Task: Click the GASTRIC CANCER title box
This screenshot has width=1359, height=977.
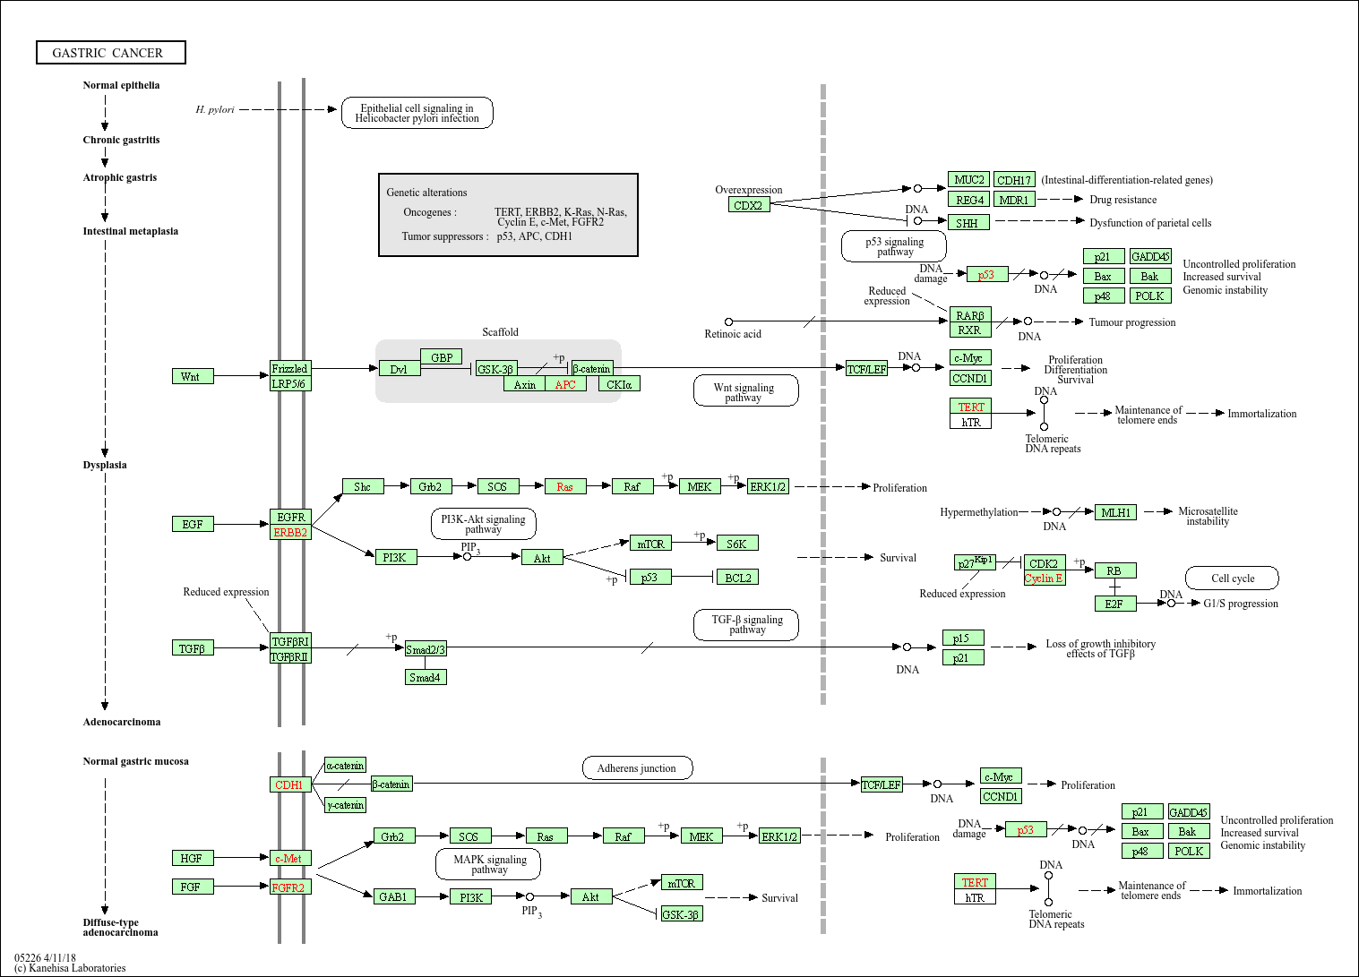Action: [x=111, y=52]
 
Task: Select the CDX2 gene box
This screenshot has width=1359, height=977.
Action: [x=749, y=205]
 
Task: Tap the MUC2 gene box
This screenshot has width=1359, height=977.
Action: [x=969, y=179]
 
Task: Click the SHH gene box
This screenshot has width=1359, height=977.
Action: [x=969, y=223]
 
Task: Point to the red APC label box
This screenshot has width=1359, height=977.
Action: [x=565, y=384]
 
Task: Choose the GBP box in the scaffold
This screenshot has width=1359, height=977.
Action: [x=441, y=357]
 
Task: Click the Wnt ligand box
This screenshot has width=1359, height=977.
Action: [x=193, y=376]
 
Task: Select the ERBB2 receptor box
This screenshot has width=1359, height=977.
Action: [x=290, y=532]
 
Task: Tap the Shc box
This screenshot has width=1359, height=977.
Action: [x=363, y=486]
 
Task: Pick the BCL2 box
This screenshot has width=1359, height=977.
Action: [x=738, y=578]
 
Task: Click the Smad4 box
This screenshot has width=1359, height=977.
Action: [x=426, y=677]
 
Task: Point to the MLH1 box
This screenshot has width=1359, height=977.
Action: [x=1115, y=512]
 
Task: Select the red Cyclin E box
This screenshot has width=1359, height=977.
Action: [x=1045, y=578]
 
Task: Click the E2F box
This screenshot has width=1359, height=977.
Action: [x=1115, y=604]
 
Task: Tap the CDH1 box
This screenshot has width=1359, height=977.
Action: [x=290, y=784]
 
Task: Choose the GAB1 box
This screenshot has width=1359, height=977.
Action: [x=394, y=896]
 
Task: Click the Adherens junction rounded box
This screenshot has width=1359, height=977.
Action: [x=638, y=767]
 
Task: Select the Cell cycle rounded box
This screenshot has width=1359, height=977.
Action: [x=1232, y=578]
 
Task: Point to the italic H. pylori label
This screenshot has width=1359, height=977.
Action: [x=215, y=110]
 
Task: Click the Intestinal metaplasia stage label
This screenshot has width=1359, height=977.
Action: [x=131, y=231]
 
